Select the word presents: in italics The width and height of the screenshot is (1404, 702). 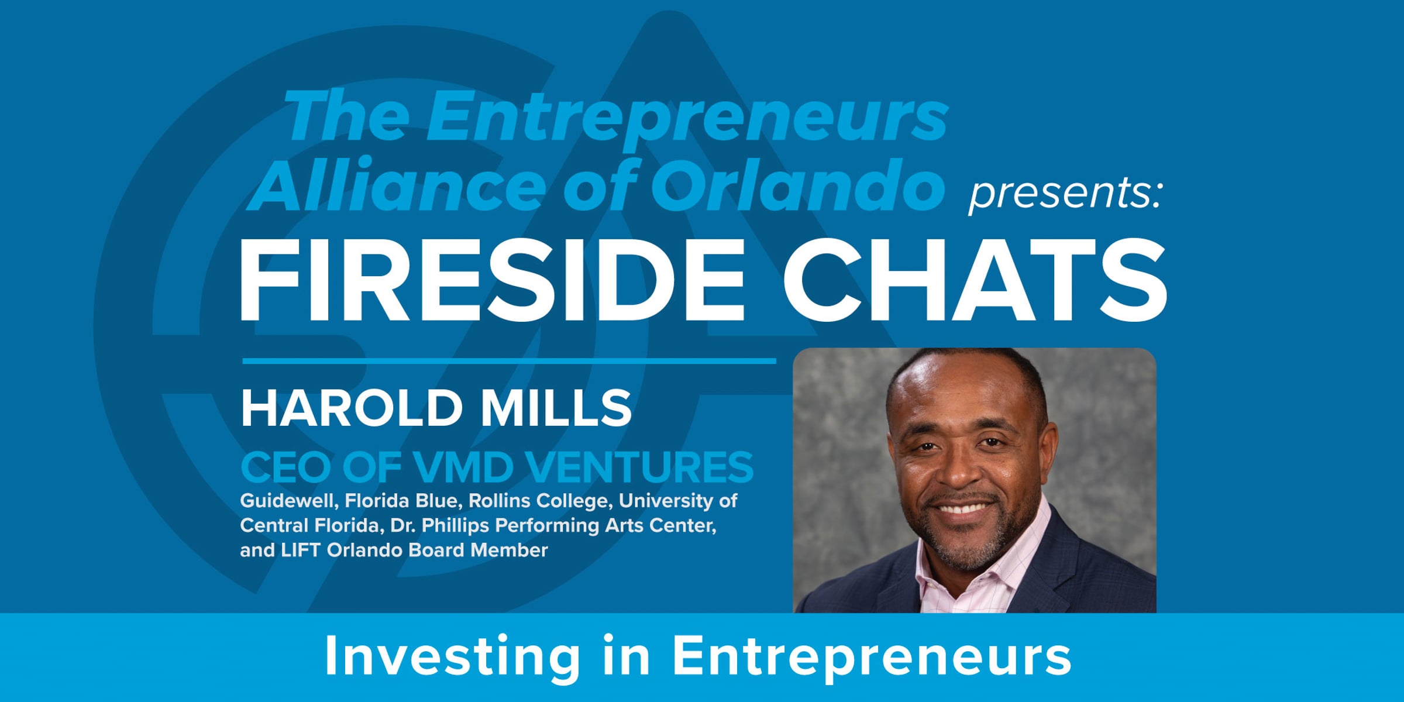(x=1065, y=193)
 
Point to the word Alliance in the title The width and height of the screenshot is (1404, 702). (x=398, y=185)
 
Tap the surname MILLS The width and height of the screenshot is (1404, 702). (x=556, y=408)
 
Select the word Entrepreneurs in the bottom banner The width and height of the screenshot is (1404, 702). (x=872, y=656)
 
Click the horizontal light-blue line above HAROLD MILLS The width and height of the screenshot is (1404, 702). (x=509, y=361)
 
